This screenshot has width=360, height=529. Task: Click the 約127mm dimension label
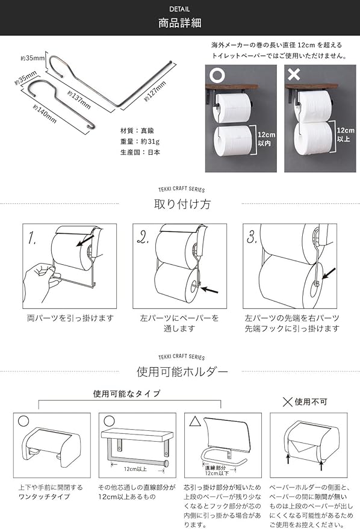click(155, 91)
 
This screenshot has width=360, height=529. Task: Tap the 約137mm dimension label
click(79, 100)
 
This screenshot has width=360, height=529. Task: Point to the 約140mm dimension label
click(45, 114)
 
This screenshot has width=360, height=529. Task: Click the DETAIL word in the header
click(179, 9)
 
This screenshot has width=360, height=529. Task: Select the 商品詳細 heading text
click(180, 23)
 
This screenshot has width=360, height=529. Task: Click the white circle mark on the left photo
click(217, 75)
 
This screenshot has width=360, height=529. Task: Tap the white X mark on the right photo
click(294, 74)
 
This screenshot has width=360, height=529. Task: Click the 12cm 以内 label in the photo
click(266, 139)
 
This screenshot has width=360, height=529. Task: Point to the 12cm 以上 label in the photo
click(345, 135)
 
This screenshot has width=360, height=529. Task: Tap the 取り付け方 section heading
click(182, 204)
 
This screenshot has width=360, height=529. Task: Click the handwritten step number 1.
click(33, 238)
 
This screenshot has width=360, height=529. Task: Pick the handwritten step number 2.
click(143, 238)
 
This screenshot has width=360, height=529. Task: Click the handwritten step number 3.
click(252, 237)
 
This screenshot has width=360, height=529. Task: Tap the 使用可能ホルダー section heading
click(182, 372)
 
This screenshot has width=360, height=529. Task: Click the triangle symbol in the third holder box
click(195, 421)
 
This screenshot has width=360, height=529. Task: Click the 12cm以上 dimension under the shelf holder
click(135, 469)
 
